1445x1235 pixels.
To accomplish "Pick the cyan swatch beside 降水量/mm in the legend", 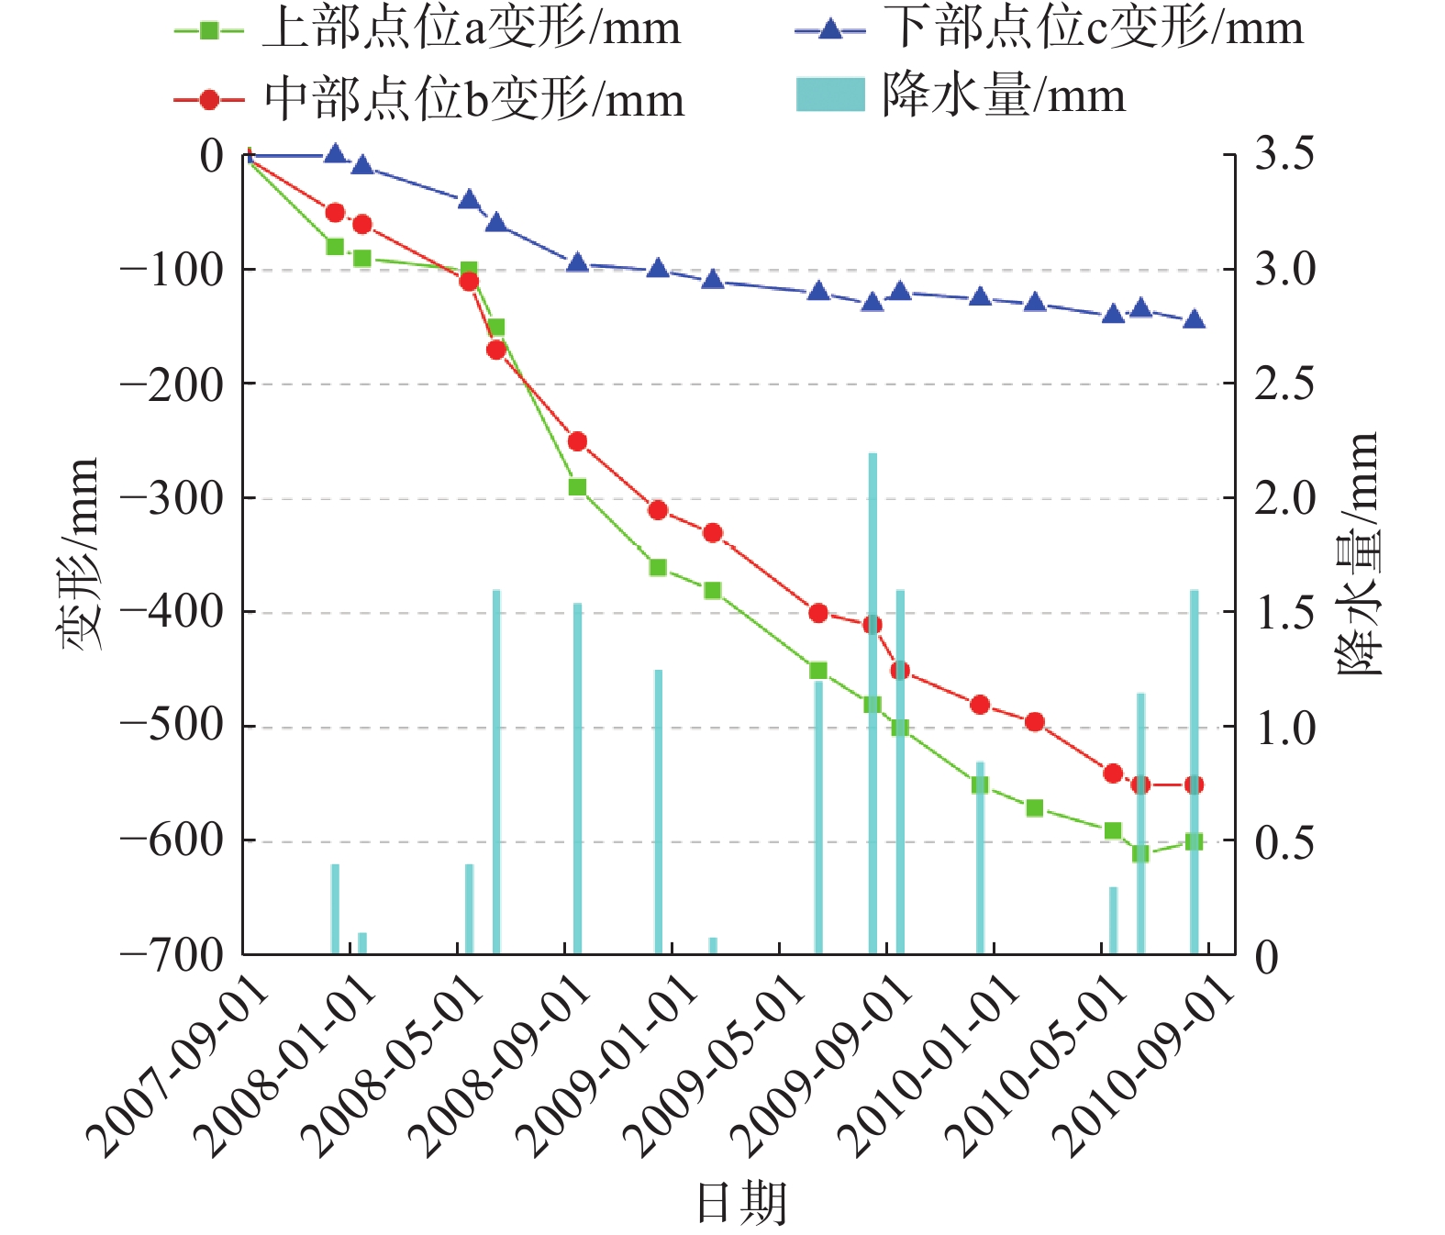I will click(x=830, y=95).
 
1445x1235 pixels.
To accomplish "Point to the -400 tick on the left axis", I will click(x=172, y=611).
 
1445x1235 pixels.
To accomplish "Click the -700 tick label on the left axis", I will click(x=172, y=955).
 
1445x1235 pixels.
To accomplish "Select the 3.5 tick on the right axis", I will click(x=1284, y=153).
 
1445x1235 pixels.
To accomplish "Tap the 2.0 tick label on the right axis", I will click(x=1284, y=498).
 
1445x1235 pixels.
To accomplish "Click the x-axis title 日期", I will click(x=741, y=1203).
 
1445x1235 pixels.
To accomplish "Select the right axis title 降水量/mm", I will click(x=1357, y=553).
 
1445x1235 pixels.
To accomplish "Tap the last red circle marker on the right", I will click(x=1194, y=784).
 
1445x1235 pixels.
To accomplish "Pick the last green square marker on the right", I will click(x=1194, y=841).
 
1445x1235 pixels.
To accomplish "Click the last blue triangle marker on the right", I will click(x=1194, y=319).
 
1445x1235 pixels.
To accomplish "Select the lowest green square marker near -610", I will click(x=1140, y=853).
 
